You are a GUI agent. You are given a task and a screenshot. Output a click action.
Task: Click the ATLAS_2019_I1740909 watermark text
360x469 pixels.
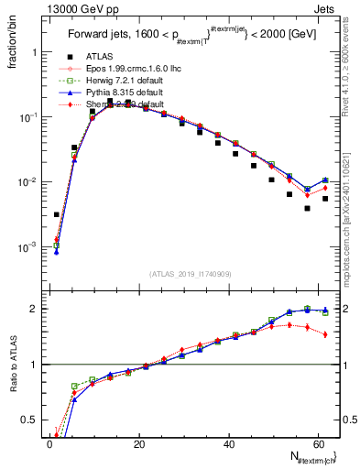[x=191, y=273]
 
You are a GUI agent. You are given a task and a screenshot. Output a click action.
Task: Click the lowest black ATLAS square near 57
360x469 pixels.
[x=308, y=208]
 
